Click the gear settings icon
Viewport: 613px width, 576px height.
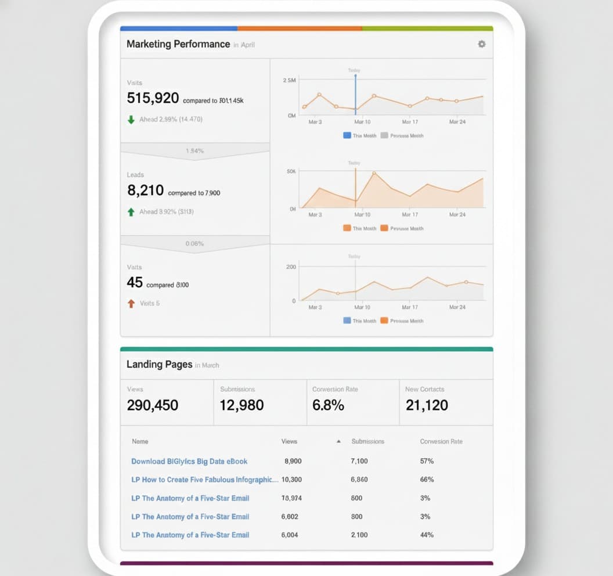[481, 44]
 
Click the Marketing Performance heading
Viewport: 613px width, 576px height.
[178, 44]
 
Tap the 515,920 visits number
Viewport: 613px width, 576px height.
[153, 98]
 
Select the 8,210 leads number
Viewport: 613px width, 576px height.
[145, 190]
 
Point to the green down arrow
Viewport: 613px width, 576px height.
[131, 120]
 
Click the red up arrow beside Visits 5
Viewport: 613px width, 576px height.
[131, 303]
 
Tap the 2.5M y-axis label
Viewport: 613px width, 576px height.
[289, 80]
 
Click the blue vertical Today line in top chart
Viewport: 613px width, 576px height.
[355, 93]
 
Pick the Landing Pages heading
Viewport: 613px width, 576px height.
[159, 364]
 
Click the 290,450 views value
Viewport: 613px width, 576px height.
[153, 405]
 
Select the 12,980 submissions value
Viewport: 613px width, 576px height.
[241, 405]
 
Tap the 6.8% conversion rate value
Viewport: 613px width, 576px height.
[328, 405]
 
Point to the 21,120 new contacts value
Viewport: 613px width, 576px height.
[427, 405]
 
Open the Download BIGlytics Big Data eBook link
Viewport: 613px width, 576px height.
[189, 461]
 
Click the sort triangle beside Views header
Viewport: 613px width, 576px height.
[338, 441]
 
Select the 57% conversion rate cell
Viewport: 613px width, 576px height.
[427, 461]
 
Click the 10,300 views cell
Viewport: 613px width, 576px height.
[291, 480]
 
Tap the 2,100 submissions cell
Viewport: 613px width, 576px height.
[359, 535]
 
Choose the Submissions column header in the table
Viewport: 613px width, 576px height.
[367, 441]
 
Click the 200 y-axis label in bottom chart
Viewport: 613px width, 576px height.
[291, 267]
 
